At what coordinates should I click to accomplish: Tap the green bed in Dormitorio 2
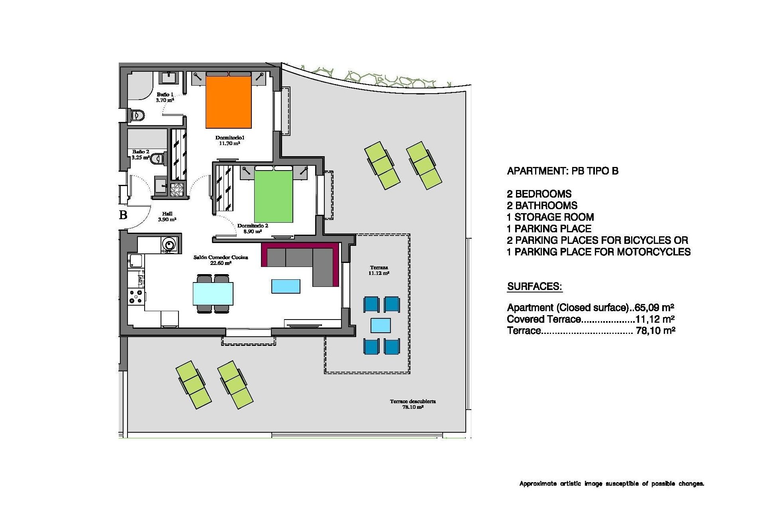coord(273,196)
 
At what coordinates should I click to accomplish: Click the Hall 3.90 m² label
coord(167,216)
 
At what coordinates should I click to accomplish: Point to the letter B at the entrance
coord(123,215)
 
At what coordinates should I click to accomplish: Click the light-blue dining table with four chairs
coord(213,293)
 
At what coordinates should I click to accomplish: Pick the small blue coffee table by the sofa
coord(286,286)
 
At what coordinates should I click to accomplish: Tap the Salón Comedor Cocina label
coord(220,260)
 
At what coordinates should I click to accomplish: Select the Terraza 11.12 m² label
coord(379,270)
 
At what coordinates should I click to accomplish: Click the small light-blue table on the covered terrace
coord(381,325)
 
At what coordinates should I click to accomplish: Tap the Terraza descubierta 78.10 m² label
coord(413,404)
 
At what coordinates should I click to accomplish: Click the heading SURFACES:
coord(534,286)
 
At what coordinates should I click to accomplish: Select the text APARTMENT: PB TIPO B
coord(563,171)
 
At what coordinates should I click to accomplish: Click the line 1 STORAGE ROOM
coord(550,217)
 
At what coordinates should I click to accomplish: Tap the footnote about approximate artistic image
coord(612,484)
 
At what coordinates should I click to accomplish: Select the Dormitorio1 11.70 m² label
coord(229,140)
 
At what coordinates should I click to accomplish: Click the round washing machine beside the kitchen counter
coord(169,243)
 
